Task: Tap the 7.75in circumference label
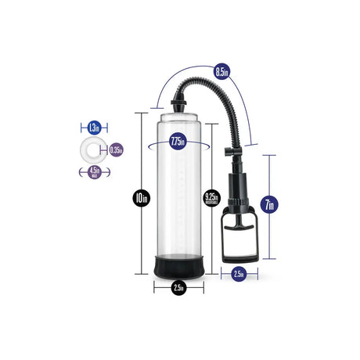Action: coord(178,142)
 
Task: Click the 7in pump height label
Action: coord(269,205)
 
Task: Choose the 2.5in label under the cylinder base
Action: coord(178,287)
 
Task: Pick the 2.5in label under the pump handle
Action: coord(239,274)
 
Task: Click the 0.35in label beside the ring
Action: coord(116,149)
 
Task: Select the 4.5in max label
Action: coord(93,173)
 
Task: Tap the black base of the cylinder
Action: coord(178,265)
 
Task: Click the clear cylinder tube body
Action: coord(178,196)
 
